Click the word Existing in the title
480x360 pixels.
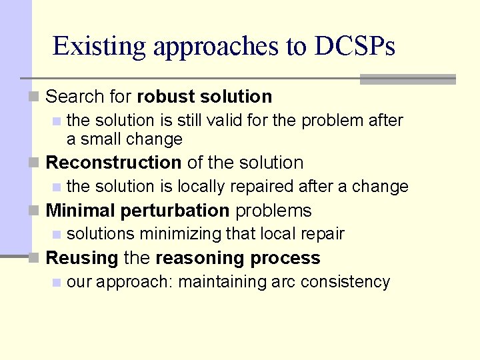(99, 47)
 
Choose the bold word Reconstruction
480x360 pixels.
(113, 163)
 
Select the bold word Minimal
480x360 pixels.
(81, 211)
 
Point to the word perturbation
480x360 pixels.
(175, 211)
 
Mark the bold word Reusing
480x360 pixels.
(82, 258)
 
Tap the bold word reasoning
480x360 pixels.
(195, 258)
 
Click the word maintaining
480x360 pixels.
(221, 282)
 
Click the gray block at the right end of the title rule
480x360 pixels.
(407, 79)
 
